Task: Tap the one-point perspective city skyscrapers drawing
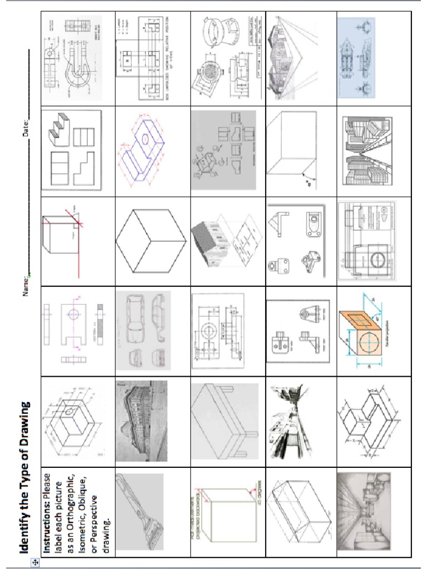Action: (x=367, y=151)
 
